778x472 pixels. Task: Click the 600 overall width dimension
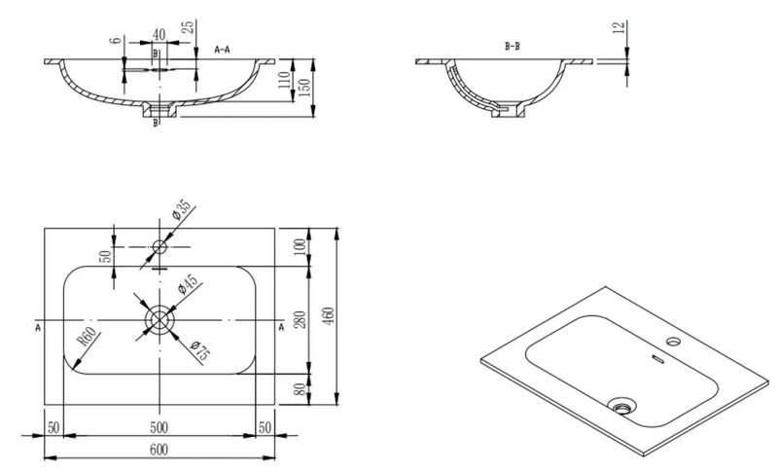click(x=159, y=449)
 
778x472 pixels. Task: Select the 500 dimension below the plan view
click(x=159, y=427)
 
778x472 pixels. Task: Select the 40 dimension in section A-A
click(x=159, y=34)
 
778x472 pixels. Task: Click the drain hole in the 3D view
click(x=619, y=402)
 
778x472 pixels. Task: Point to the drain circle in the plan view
click(x=159, y=319)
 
